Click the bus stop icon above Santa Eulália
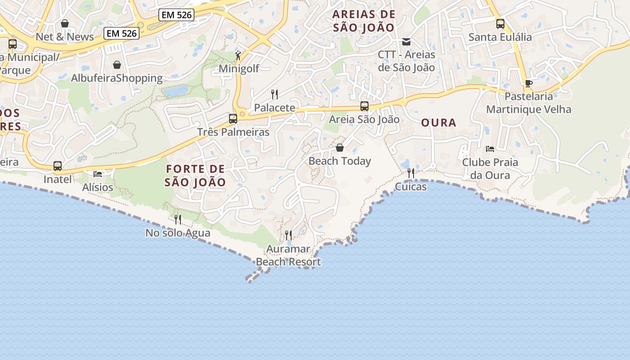[500, 24]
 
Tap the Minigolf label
[239, 69]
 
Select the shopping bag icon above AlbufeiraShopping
[117, 65]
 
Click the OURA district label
[439, 122]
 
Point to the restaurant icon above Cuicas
[410, 173]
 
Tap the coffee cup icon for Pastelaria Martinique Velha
[528, 83]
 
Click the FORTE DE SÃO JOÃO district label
[195, 175]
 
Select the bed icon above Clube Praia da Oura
[490, 149]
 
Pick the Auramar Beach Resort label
[288, 255]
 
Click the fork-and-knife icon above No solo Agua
[178, 220]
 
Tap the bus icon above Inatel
[58, 166]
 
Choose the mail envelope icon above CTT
[406, 42]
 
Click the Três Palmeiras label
[233, 132]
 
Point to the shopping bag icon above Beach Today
[340, 148]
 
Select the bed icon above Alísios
[98, 174]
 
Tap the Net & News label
[65, 37]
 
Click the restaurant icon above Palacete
[274, 94]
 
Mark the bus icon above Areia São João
[364, 107]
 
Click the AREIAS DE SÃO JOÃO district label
[364, 21]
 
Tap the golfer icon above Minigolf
[238, 55]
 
